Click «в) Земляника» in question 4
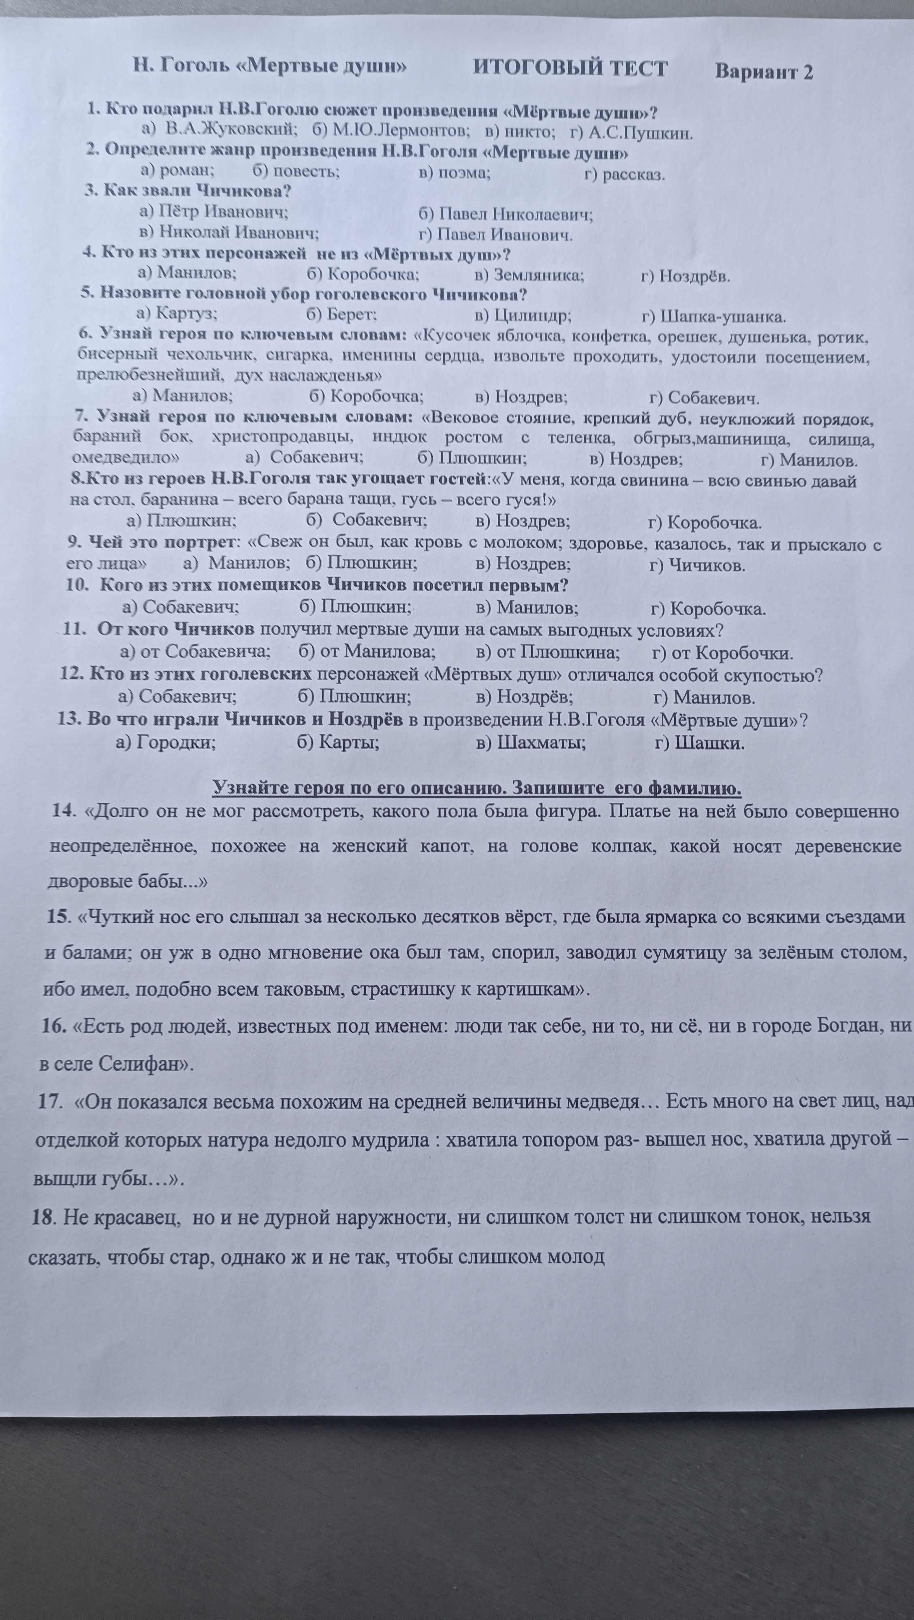(529, 275)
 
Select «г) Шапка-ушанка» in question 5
(713, 316)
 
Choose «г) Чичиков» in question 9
(697, 565)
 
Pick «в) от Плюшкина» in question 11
(548, 652)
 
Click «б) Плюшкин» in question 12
(354, 697)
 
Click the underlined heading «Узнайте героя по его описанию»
(477, 788)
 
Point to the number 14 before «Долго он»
(64, 811)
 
